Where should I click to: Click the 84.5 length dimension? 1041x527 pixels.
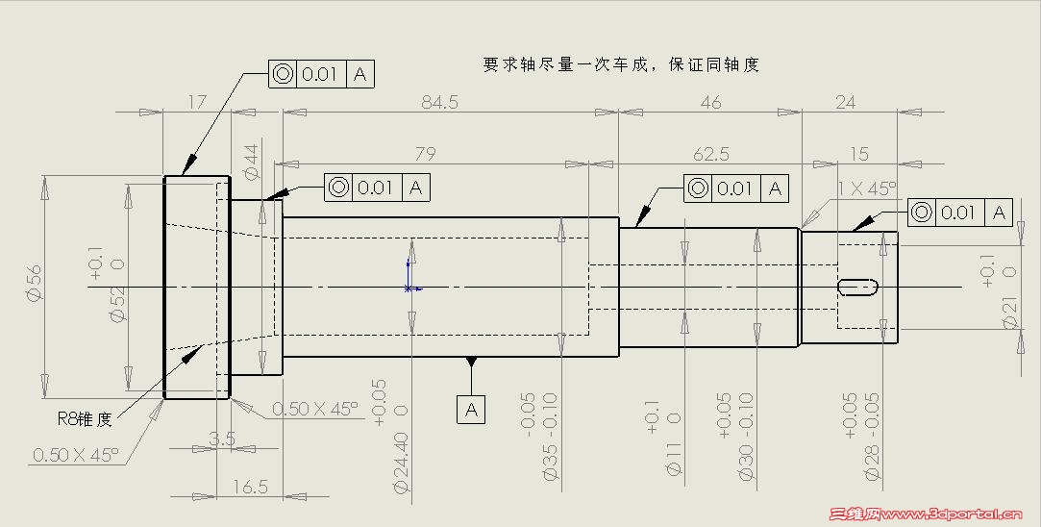pos(439,102)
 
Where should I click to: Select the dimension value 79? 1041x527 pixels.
pos(425,154)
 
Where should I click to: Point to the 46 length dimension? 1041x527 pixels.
pos(710,102)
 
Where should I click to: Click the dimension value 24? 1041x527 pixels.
pos(845,102)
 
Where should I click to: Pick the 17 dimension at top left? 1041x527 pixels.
pos(196,102)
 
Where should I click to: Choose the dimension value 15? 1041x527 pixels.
pos(859,154)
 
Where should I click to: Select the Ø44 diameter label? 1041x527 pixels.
pos(252,162)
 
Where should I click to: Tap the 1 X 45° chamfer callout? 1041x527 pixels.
pos(866,188)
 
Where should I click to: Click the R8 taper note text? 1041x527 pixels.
pos(85,418)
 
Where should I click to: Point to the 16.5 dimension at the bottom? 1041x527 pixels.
pos(249,488)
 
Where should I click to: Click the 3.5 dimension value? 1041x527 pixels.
pos(221,439)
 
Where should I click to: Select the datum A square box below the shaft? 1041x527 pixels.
pos(471,410)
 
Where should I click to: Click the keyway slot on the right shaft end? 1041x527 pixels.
pos(858,287)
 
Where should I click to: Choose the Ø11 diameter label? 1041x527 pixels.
pos(674,455)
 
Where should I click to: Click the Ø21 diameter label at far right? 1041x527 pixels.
pos(1010,314)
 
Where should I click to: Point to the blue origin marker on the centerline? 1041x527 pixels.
pos(409,287)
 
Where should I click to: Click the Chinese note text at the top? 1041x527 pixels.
pos(620,64)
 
